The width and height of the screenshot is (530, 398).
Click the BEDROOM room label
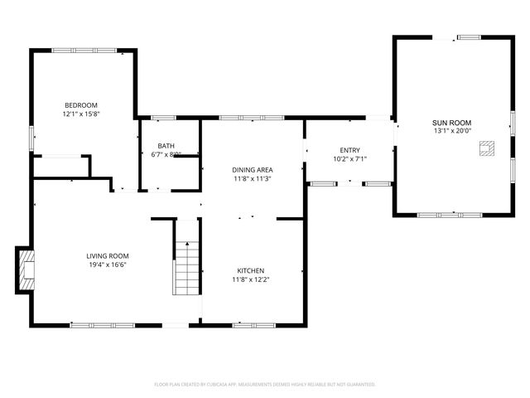click(x=81, y=105)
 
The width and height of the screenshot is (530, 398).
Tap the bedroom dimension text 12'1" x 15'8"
click(x=81, y=114)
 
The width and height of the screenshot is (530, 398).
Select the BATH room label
click(x=166, y=146)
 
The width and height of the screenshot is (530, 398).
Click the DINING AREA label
click(x=253, y=169)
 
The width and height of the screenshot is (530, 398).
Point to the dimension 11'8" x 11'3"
click(x=253, y=178)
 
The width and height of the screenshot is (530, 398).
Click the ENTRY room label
click(x=349, y=150)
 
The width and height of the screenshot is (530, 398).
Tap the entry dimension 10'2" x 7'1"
click(x=349, y=159)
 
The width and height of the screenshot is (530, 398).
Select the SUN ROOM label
click(x=452, y=122)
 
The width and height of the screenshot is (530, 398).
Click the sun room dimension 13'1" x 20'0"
click(x=452, y=131)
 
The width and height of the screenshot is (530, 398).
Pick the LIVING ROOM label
click(x=108, y=256)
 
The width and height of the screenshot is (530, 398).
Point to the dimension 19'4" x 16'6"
click(x=108, y=265)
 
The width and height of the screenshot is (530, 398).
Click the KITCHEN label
click(x=251, y=271)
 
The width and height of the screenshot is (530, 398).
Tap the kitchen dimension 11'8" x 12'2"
click(x=251, y=280)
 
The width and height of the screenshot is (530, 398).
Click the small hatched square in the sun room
click(x=487, y=149)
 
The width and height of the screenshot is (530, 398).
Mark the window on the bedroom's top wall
click(x=83, y=51)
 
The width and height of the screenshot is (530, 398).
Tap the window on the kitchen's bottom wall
click(x=248, y=325)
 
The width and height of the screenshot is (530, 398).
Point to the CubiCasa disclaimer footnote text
click(x=265, y=384)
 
